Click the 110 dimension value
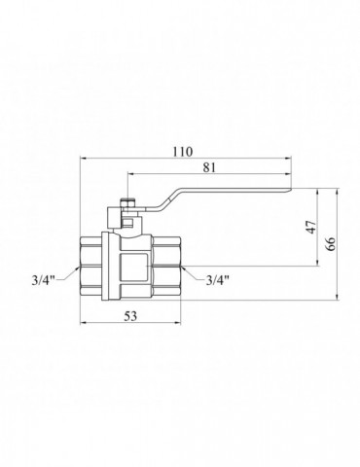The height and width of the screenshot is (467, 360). tap(182, 152)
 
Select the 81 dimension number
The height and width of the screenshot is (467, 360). tap(209, 167)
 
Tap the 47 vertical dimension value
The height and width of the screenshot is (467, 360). tap(311, 227)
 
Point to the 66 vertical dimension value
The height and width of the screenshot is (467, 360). tap(331, 244)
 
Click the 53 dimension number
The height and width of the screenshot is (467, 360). tap(130, 315)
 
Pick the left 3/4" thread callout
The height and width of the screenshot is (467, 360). tap(44, 280)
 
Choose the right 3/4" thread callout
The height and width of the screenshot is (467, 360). tap(218, 279)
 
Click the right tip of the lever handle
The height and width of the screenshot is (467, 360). tap(292, 189)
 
